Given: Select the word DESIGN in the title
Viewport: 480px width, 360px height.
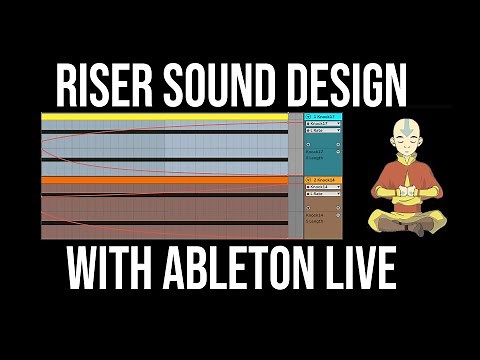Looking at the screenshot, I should [340, 88].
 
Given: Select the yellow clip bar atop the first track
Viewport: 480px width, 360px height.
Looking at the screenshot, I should [165, 117].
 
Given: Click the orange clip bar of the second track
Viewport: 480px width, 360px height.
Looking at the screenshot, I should [165, 180].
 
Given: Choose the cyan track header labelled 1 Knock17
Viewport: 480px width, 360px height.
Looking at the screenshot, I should [321, 117].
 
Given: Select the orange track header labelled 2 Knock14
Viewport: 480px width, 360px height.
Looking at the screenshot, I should [321, 180].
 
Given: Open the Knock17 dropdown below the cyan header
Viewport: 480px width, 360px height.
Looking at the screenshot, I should [321, 125].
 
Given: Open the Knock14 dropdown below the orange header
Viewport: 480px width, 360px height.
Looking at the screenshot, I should [321, 187].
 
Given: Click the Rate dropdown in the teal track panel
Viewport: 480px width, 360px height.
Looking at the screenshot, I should [321, 132].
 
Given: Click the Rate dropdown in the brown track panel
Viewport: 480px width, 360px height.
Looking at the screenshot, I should [321, 194].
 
